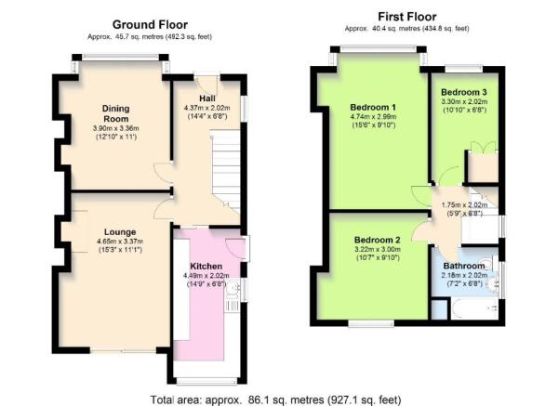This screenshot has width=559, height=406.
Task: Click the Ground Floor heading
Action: pos(150,24)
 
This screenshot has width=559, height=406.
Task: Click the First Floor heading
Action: pos(406,17)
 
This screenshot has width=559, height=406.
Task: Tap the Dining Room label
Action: pos(116,113)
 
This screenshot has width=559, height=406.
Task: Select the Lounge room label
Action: pos(120,232)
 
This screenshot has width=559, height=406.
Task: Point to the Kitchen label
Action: pos(206,267)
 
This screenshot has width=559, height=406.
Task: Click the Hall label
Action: pos(207,98)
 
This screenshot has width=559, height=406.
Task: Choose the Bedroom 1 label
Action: pos(373,107)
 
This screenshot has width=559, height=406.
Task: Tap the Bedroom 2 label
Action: pos(378,240)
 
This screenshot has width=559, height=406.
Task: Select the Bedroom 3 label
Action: pos(464,92)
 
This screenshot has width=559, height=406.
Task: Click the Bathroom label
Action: pos(464,266)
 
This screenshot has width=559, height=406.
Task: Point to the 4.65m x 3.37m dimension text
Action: pos(120,242)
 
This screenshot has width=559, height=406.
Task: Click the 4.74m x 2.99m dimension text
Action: pos(373,116)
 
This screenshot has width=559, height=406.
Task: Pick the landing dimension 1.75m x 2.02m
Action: pos(464,205)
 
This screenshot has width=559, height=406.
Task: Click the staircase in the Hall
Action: pos(225,172)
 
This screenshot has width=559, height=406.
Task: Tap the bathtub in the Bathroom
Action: pos(474,308)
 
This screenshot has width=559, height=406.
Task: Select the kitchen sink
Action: pos(233,288)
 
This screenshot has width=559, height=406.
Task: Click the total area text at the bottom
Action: pos(275,399)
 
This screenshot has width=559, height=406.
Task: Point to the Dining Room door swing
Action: pos(164,175)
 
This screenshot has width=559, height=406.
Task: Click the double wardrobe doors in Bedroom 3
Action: pos(483,147)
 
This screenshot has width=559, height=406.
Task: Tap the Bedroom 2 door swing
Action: pos(420,231)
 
